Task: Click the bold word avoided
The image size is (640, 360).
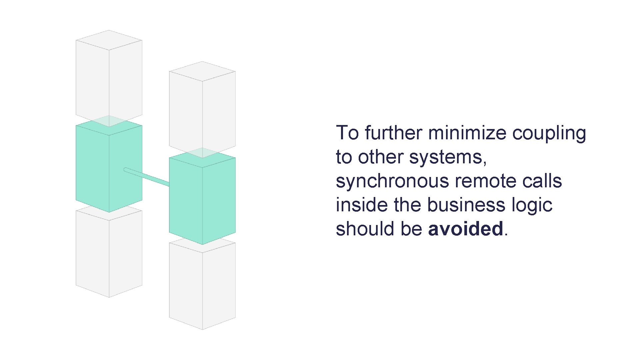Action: [465, 229]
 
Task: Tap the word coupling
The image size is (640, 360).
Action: [549, 133]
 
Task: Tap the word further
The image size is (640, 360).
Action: [393, 133]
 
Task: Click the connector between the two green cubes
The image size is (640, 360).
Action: [147, 177]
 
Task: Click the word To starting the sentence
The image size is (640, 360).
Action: [347, 133]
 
